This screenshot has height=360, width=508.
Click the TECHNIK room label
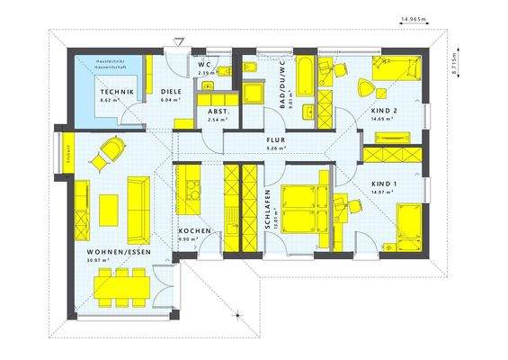117,93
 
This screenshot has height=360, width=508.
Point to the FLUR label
274,140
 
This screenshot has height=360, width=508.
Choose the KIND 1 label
384,184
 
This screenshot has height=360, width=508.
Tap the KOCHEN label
194,231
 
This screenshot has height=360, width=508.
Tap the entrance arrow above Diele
180,41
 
